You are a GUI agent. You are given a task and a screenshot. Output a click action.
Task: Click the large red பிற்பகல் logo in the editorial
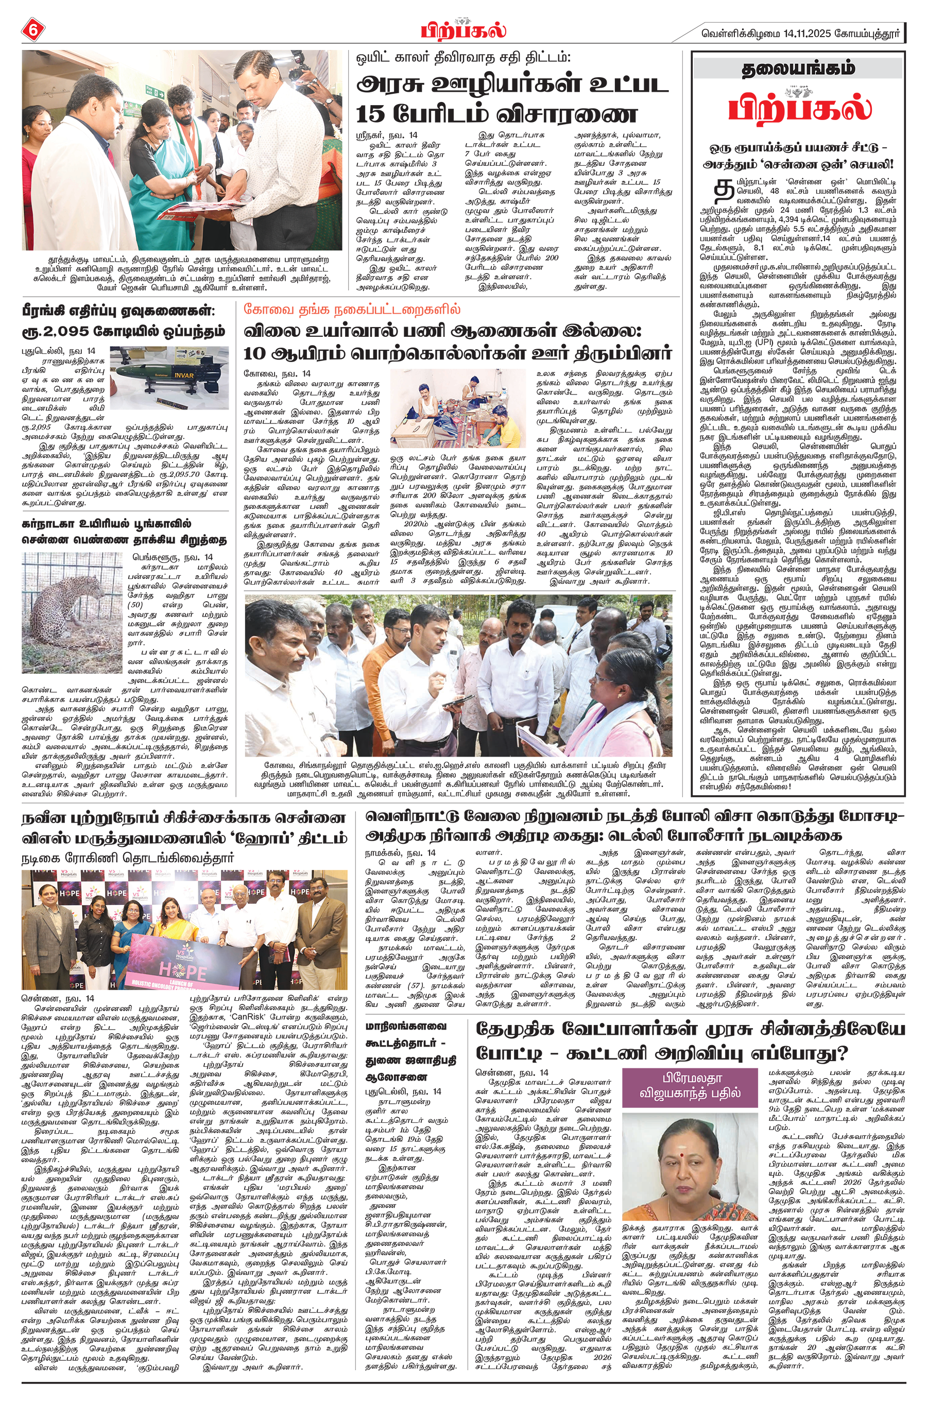point(799,108)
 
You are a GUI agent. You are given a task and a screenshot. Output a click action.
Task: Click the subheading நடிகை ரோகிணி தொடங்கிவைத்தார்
point(128,857)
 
